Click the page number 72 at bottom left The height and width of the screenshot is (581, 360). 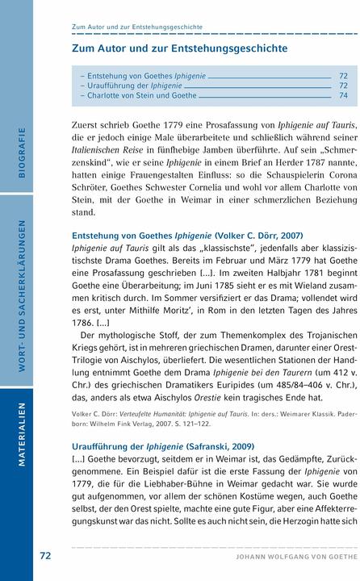[45, 556]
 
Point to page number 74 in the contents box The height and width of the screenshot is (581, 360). [343, 95]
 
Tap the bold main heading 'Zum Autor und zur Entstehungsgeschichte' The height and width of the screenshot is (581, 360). [179, 48]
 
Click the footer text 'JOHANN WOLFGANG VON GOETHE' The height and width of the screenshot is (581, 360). [291, 557]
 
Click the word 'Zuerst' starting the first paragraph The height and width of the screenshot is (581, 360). [89, 125]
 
